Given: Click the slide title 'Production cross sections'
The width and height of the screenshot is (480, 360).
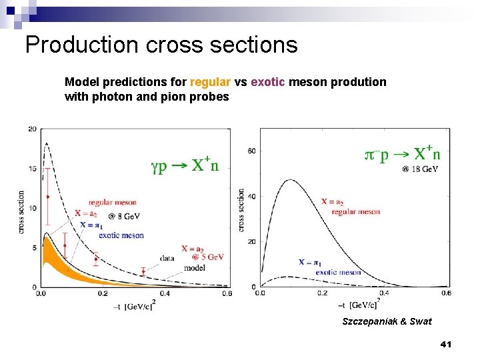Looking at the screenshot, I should point(161,45).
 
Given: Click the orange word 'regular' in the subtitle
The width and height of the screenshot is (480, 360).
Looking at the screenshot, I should point(210,82).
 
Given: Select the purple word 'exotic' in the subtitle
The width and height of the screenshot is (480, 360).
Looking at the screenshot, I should point(268,82).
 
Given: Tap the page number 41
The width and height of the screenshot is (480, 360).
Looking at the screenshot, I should point(446,344).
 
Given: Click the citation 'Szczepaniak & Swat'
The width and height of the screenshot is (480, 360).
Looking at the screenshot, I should point(387,321).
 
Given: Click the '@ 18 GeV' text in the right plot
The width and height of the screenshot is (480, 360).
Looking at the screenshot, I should point(420,169).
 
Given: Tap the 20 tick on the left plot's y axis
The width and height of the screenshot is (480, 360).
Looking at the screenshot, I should point(32,129).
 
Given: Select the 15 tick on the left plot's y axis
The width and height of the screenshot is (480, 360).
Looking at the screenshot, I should point(32,169).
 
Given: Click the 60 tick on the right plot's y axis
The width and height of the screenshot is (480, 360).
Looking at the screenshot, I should point(251,151).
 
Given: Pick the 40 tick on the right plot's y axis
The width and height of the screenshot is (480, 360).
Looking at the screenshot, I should point(251,197).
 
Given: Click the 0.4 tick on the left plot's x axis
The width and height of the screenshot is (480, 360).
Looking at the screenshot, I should point(165,293).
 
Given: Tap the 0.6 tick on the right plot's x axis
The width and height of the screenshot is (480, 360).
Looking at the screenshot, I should point(445,293).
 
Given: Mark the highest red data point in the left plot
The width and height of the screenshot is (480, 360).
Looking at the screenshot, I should point(47,197).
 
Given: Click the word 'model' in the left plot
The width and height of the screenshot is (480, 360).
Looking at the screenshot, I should point(194,267).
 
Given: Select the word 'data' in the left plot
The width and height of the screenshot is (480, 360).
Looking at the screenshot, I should point(168,257).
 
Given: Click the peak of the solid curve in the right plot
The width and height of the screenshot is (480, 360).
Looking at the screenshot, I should point(290,180).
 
